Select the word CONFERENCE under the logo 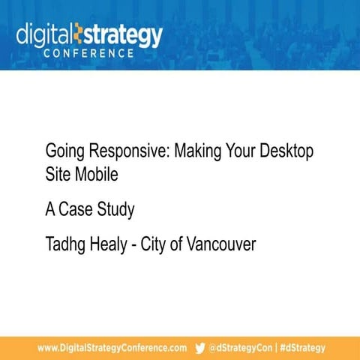[89, 54]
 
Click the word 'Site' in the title [57, 175]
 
